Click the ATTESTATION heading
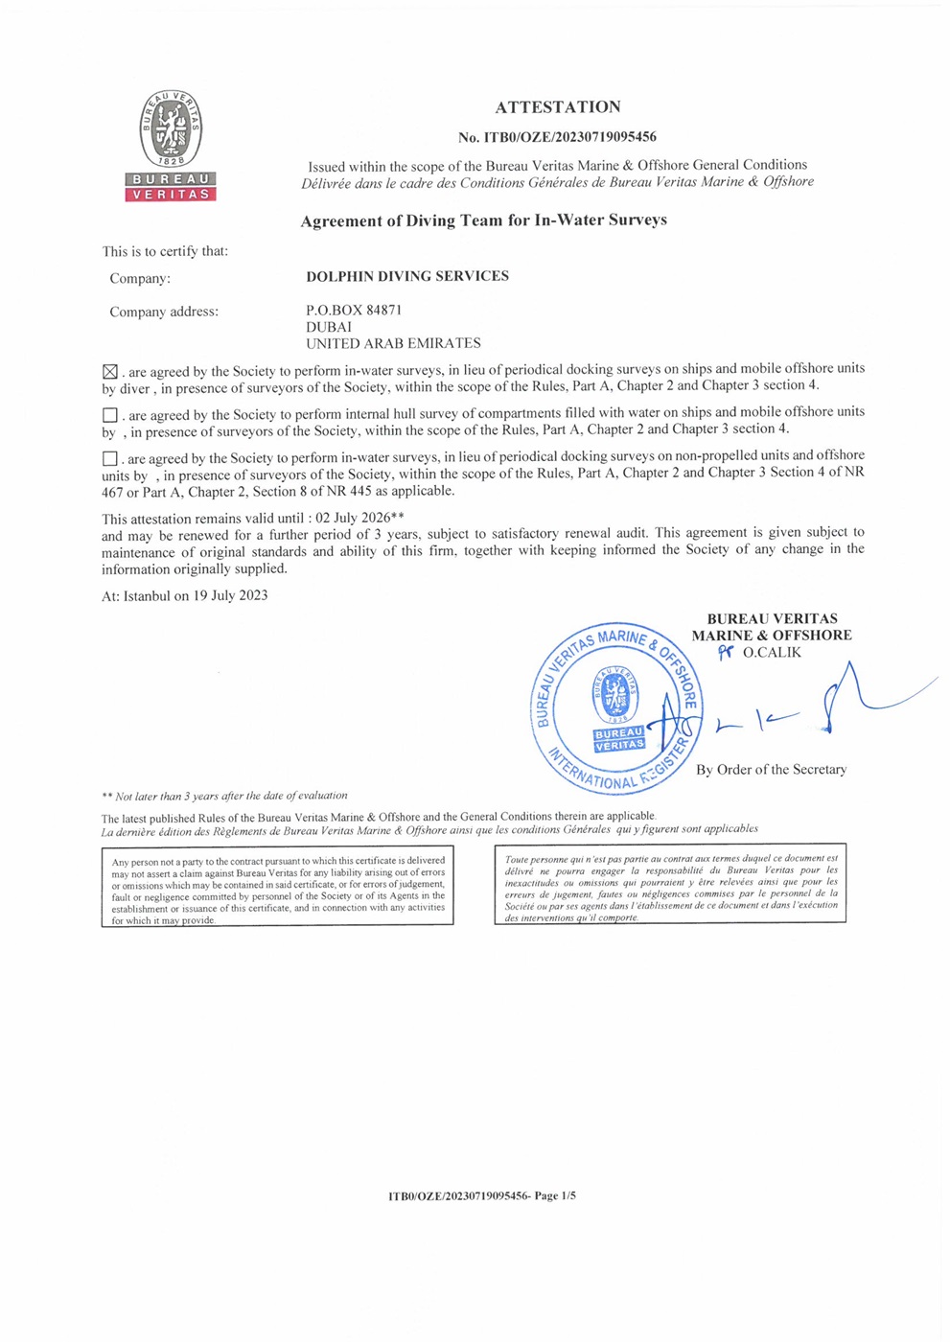(558, 107)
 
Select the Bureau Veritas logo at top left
(171, 146)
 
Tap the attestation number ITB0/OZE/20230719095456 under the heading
(557, 137)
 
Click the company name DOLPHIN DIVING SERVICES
(407, 276)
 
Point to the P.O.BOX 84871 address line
(354, 311)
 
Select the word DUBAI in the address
(329, 327)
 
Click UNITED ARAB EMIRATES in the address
(393, 343)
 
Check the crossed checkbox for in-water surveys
(110, 372)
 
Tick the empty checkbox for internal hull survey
(110, 415)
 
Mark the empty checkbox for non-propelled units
(110, 459)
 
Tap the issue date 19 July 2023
(230, 595)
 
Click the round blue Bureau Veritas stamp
(616, 708)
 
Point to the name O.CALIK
(772, 653)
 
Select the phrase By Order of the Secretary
(771, 770)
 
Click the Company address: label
(164, 312)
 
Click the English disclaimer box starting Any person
(278, 886)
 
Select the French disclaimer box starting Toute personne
(670, 884)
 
